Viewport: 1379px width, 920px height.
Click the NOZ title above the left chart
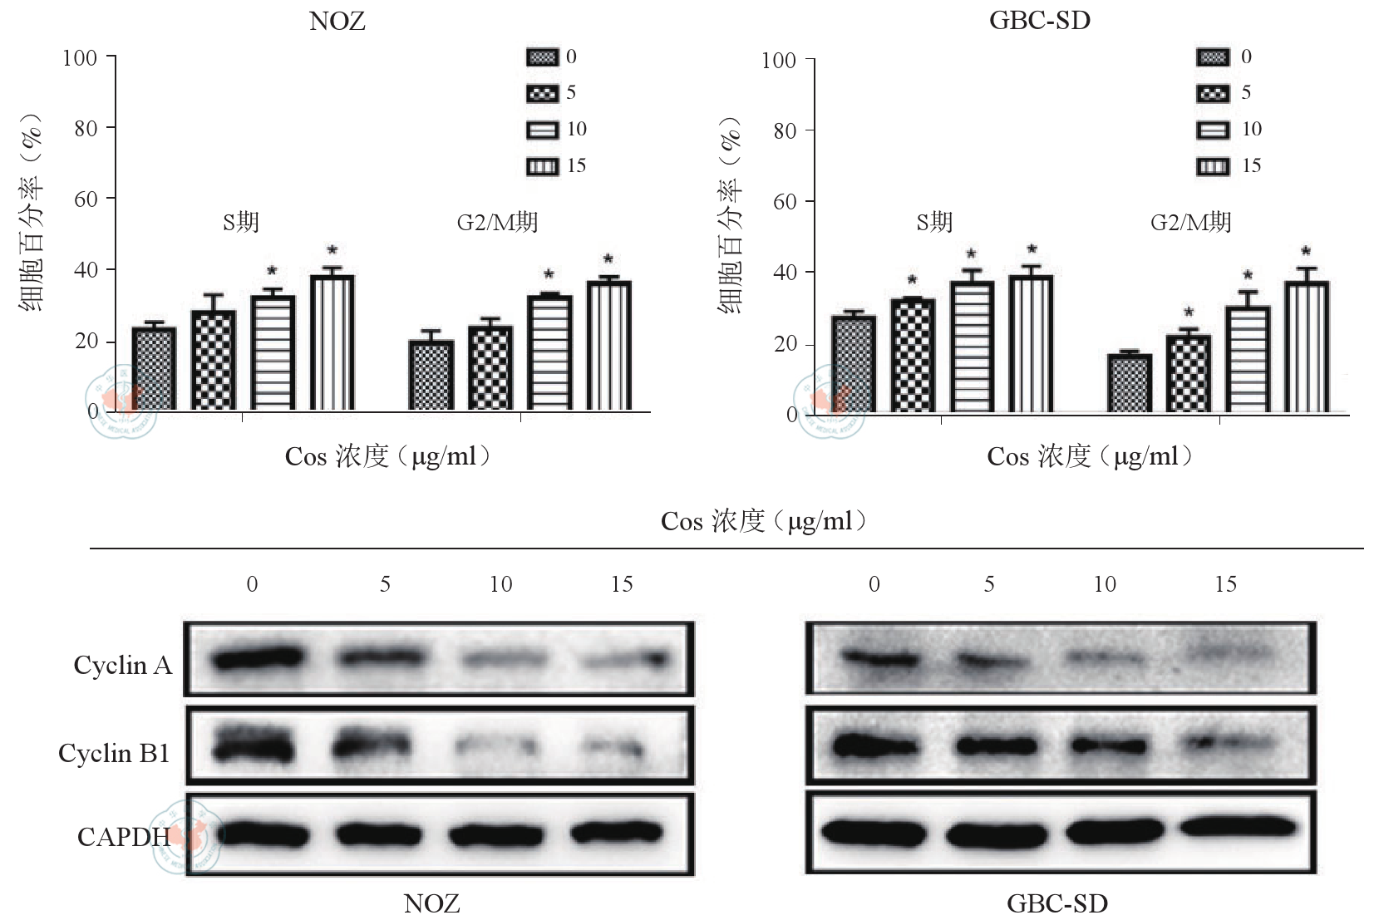point(337,22)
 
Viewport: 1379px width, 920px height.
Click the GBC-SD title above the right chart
point(1039,22)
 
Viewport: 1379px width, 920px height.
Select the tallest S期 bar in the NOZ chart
point(332,342)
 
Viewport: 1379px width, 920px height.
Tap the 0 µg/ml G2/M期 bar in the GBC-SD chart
point(1130,383)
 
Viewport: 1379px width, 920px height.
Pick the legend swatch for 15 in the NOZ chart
point(542,166)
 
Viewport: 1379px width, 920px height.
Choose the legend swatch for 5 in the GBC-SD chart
point(1213,93)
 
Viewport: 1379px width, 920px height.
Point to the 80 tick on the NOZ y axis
point(86,128)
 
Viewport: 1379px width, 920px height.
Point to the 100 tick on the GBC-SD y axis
point(779,60)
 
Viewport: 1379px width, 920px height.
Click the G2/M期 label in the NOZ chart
point(497,222)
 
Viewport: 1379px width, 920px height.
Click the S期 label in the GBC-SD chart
point(934,222)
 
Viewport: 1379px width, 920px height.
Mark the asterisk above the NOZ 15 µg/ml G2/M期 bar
point(608,259)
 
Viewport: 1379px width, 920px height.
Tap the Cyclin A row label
point(122,665)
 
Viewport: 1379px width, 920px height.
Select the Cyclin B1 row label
point(114,753)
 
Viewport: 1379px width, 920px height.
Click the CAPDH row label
point(123,836)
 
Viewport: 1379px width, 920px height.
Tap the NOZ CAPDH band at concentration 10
point(501,834)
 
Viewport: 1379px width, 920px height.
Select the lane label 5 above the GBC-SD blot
point(989,584)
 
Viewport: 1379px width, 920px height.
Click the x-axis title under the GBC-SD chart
point(1089,456)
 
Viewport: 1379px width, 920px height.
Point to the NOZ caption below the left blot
point(431,903)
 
